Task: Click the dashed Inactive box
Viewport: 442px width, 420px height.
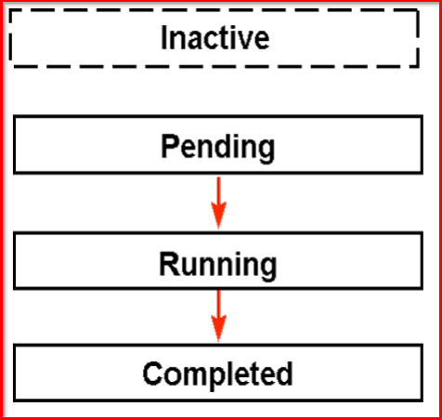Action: [x=215, y=39]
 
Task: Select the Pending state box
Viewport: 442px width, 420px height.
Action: [x=217, y=147]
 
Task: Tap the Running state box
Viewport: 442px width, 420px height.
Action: [x=217, y=264]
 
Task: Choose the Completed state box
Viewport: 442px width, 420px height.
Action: [x=217, y=374]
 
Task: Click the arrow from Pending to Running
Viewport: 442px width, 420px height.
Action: [x=218, y=201]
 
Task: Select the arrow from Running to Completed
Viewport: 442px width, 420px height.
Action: [x=218, y=315]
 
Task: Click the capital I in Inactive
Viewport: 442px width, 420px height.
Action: [x=164, y=38]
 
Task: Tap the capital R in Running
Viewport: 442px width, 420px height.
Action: [x=168, y=264]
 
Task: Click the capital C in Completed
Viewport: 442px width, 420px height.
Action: [x=152, y=374]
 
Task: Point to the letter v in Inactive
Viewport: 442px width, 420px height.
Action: [x=247, y=40]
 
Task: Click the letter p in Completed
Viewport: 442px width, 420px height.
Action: [x=210, y=377]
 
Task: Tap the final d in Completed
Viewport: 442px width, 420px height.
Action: [x=284, y=374]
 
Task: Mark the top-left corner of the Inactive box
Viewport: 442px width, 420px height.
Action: [x=12, y=12]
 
